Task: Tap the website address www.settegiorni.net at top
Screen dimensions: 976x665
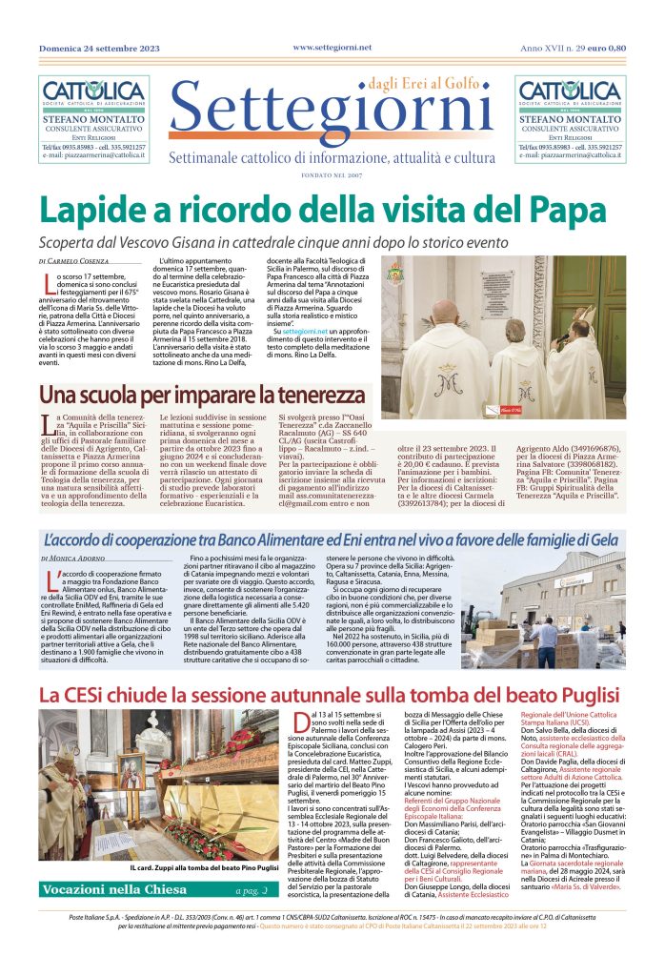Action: pyautogui.click(x=332, y=47)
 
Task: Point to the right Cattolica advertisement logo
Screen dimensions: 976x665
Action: pyautogui.click(x=570, y=92)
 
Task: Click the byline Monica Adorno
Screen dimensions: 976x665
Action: pyautogui.click(x=77, y=557)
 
